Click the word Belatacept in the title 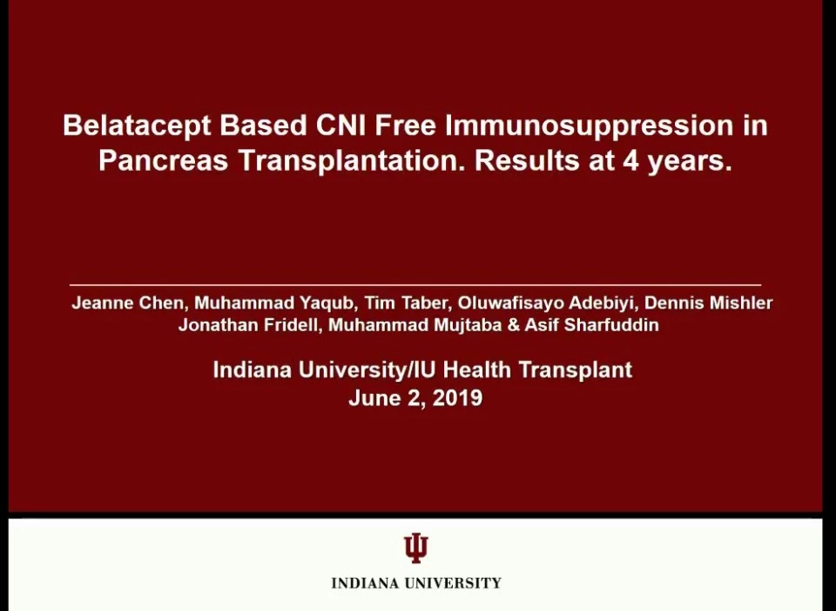[x=137, y=126]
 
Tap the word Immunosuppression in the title [x=589, y=126]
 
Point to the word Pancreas [x=163, y=160]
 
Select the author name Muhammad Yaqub [x=275, y=303]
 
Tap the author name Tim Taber [x=407, y=303]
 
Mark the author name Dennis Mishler [x=709, y=303]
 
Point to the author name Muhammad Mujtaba [x=415, y=325]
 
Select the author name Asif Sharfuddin [x=592, y=325]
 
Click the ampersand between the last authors [x=514, y=325]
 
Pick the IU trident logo [x=416, y=547]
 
